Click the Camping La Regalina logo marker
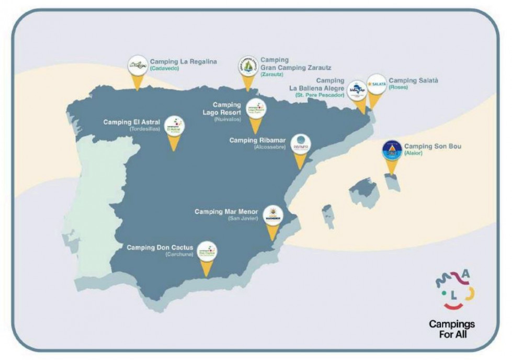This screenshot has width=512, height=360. click(138, 66)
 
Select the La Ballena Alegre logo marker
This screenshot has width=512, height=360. click(357, 89)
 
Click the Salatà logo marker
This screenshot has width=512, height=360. click(376, 84)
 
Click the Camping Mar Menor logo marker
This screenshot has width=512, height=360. click(273, 215)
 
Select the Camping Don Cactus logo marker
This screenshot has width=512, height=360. click(207, 252)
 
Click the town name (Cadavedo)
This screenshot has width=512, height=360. click(164, 69)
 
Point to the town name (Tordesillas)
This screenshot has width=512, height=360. click(145, 129)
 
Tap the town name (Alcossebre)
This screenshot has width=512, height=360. click(270, 147)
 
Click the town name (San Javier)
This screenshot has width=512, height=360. click(243, 218)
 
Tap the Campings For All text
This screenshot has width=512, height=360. click(452, 329)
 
